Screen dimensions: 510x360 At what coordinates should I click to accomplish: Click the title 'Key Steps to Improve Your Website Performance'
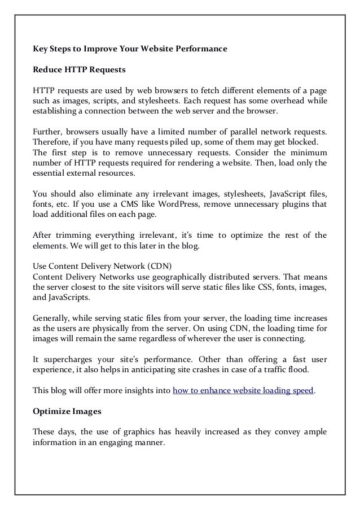[130, 49]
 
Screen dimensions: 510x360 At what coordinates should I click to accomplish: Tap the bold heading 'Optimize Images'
[64, 411]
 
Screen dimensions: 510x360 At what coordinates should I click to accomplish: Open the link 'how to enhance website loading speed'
[243, 390]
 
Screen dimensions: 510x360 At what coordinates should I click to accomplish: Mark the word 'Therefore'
[51, 141]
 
